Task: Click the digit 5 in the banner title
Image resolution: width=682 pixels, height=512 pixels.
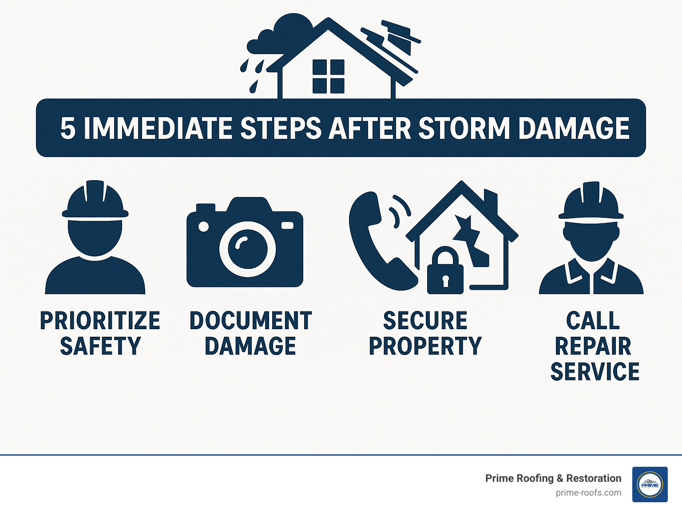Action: pyautogui.click(x=67, y=129)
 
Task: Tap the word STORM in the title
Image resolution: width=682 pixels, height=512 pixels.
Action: pyautogui.click(x=464, y=129)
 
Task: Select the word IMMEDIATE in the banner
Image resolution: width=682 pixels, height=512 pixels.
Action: pyautogui.click(x=158, y=129)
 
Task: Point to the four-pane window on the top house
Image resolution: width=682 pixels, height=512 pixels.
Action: pyautogui.click(x=328, y=76)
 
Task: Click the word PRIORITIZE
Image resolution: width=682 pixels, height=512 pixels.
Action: pyautogui.click(x=100, y=321)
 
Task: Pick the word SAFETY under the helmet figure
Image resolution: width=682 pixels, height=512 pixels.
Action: pyautogui.click(x=100, y=347)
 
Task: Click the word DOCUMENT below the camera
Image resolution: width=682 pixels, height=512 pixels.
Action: pyautogui.click(x=250, y=321)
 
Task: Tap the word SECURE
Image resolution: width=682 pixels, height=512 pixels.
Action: pyautogui.click(x=425, y=321)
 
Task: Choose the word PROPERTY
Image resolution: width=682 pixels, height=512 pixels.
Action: pyautogui.click(x=425, y=347)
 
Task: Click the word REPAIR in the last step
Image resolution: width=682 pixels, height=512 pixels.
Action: pyautogui.click(x=593, y=347)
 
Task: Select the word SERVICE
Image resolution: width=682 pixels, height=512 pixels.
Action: pyautogui.click(x=595, y=372)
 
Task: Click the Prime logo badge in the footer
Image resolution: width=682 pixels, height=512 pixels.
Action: pyautogui.click(x=650, y=484)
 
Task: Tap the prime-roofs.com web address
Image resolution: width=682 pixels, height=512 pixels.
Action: pyautogui.click(x=588, y=493)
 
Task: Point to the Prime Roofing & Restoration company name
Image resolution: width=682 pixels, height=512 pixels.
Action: pyautogui.click(x=553, y=478)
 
